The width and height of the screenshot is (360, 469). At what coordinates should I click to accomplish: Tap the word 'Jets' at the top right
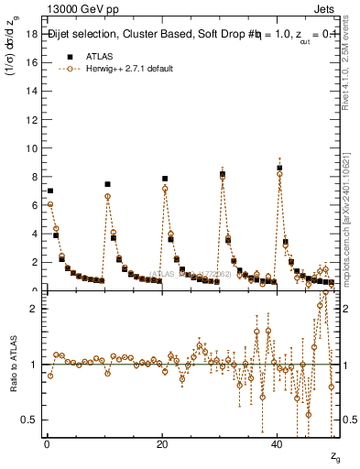point(326,9)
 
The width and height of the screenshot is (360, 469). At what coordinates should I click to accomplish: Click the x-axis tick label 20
point(161,444)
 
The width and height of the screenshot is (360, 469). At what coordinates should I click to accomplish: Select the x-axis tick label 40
point(277,444)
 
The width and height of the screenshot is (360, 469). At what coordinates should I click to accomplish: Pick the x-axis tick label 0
point(46,444)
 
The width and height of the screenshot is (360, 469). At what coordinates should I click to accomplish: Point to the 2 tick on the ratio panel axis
point(33,309)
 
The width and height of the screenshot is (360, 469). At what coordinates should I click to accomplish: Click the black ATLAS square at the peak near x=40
point(279,169)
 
